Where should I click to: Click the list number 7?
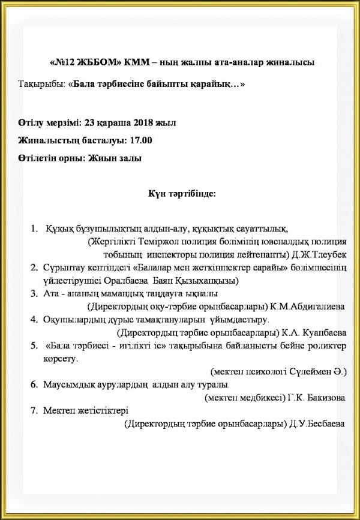pyautogui.click(x=33, y=411)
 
